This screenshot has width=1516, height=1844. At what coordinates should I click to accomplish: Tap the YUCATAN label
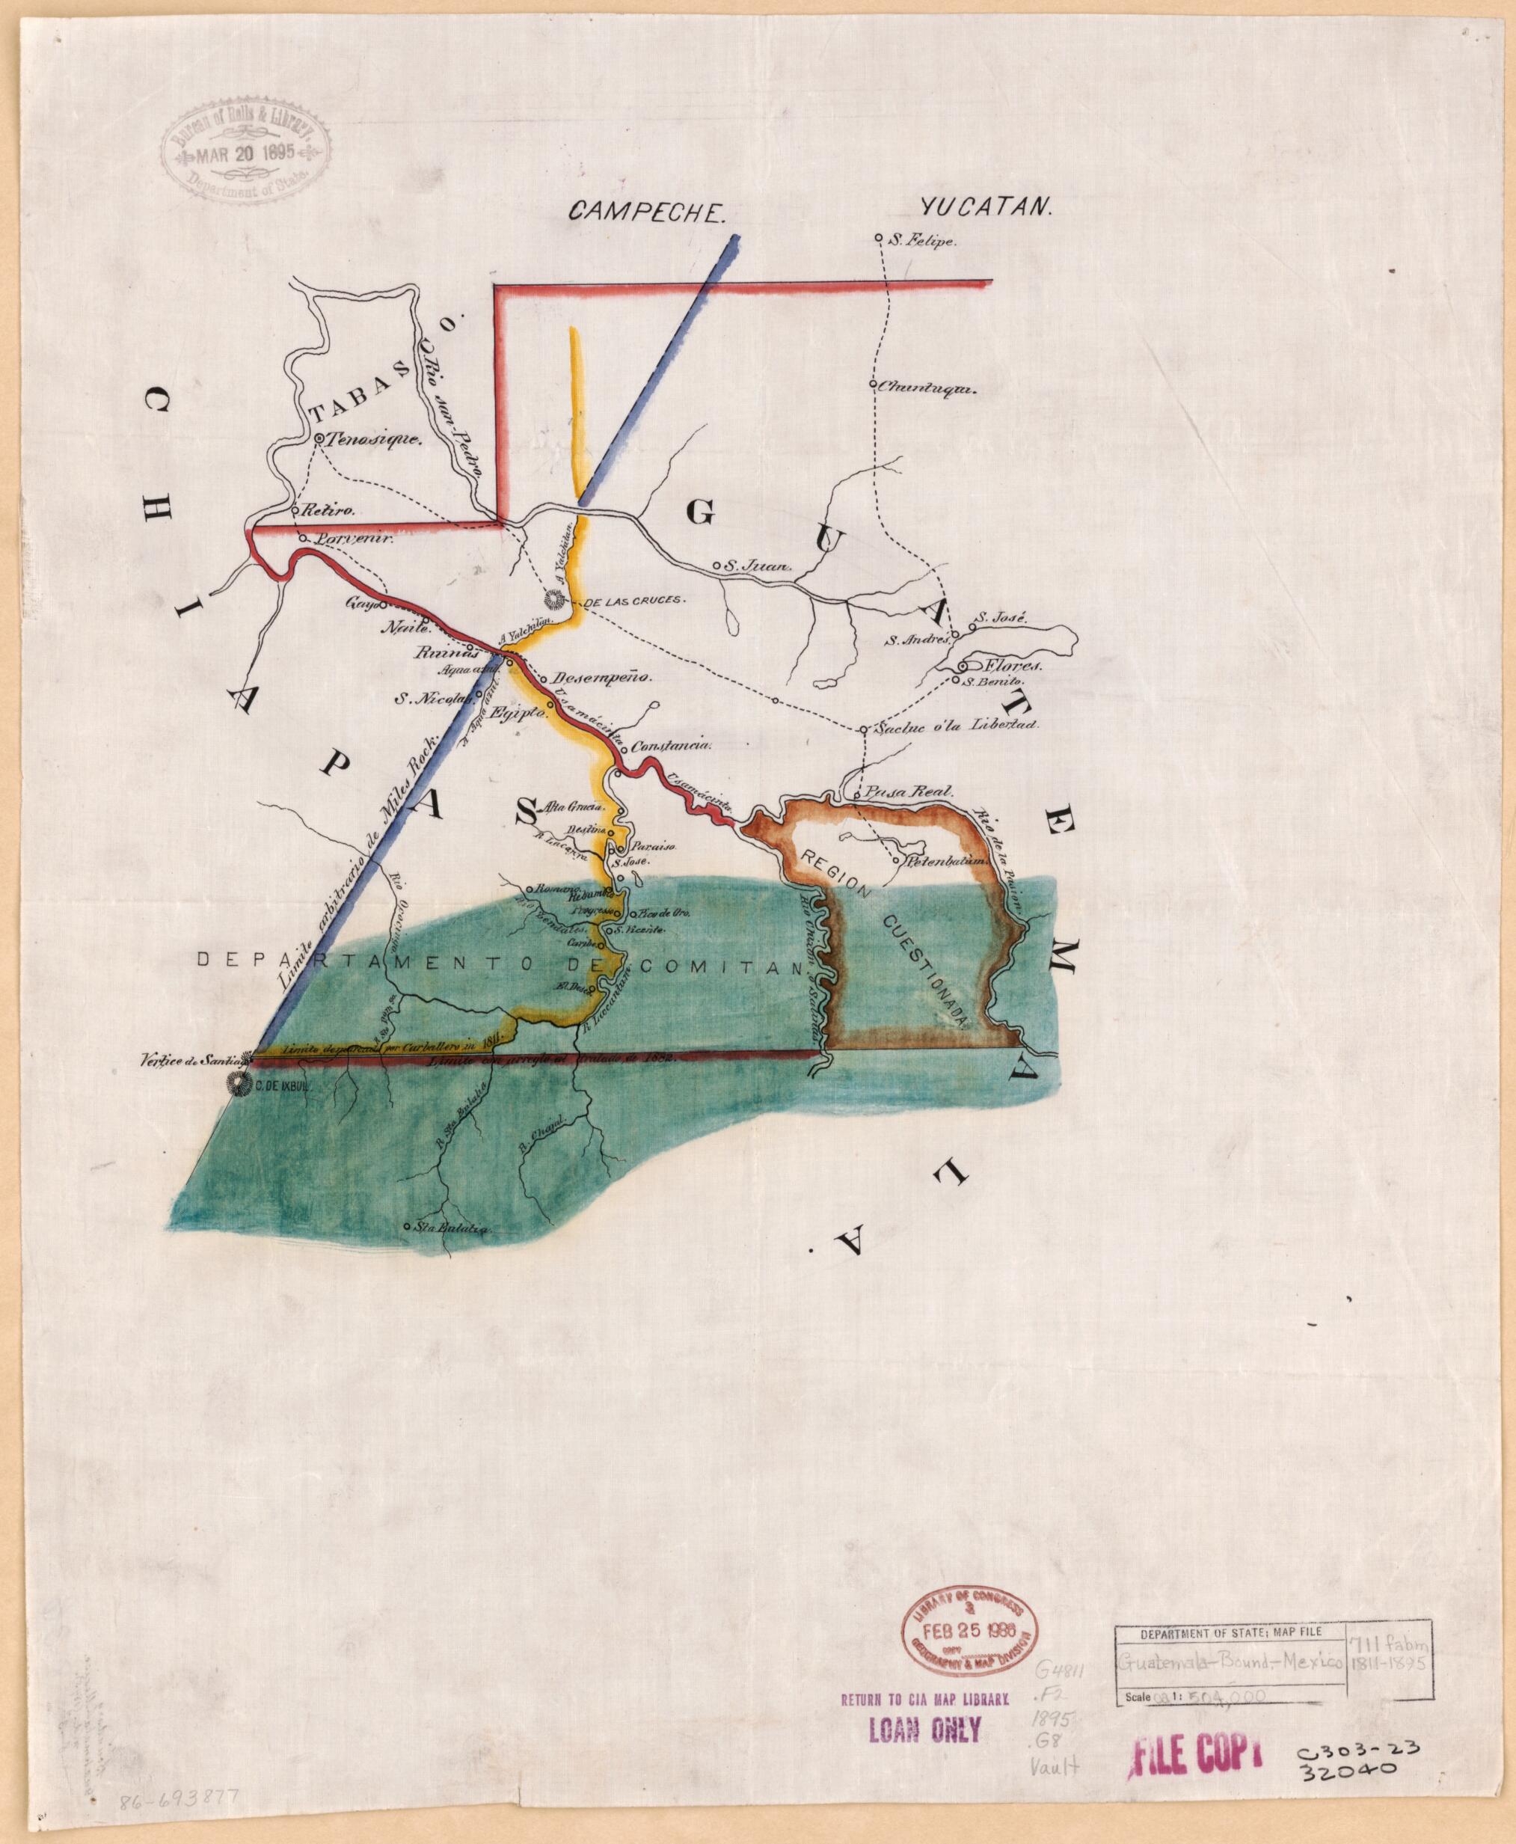(x=986, y=208)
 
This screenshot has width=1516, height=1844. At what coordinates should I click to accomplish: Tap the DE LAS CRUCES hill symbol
(x=553, y=599)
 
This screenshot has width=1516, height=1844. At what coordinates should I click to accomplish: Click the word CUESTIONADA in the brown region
(x=924, y=970)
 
